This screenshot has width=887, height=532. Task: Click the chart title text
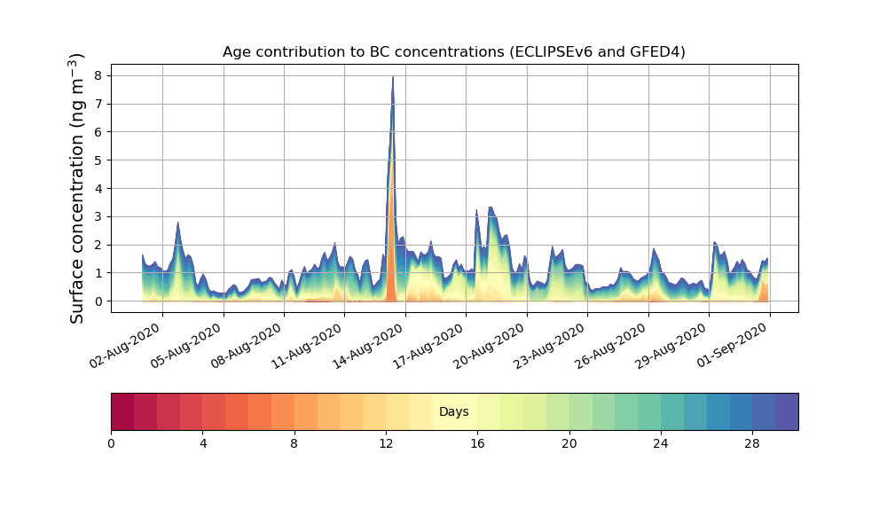click(453, 51)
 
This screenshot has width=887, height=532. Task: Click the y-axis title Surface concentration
click(77, 188)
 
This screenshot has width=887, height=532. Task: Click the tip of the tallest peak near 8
click(393, 77)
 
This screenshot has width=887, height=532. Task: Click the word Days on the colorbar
click(453, 412)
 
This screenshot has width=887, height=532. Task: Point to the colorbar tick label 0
click(111, 443)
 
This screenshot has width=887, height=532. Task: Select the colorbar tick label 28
click(752, 443)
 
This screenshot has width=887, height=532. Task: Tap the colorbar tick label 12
click(386, 443)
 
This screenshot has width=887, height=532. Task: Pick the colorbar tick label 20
click(569, 443)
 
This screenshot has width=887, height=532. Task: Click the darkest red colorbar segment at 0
click(122, 412)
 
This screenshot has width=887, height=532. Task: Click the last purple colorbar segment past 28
click(787, 412)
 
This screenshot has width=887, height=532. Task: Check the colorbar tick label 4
click(202, 443)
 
